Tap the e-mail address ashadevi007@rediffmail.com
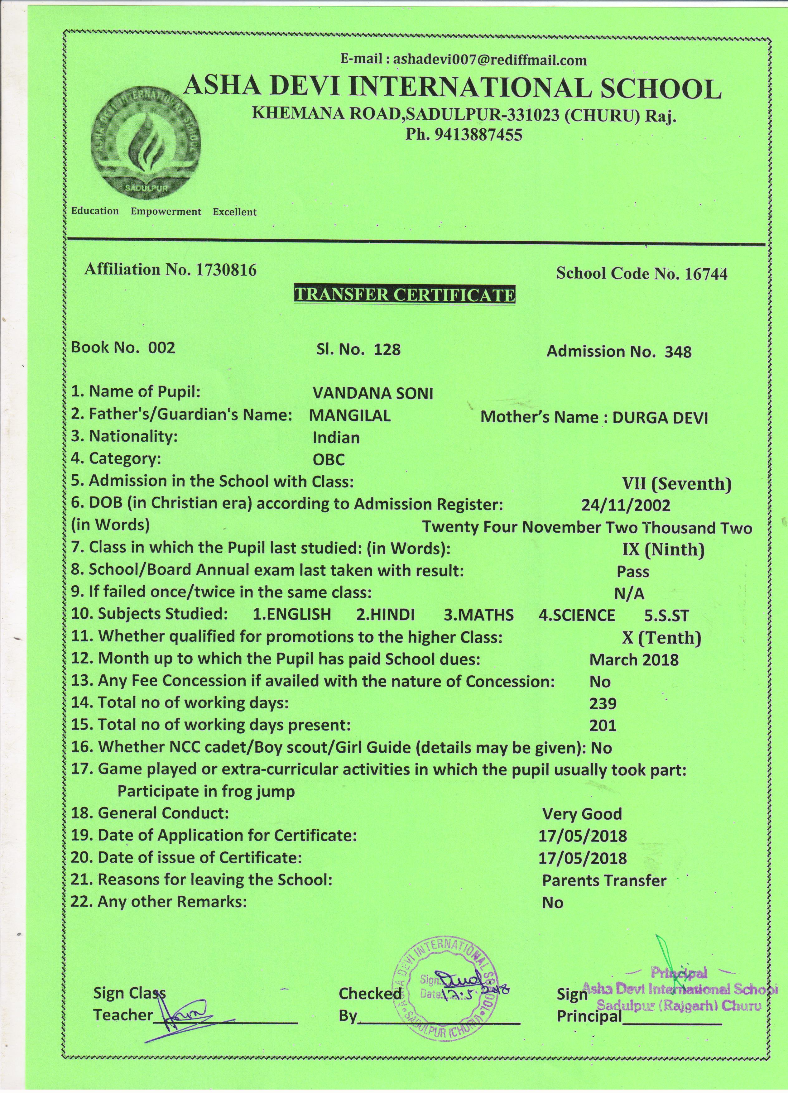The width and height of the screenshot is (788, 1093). click(490, 60)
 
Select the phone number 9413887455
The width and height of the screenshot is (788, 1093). click(478, 135)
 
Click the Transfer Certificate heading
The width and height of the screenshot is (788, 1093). click(404, 295)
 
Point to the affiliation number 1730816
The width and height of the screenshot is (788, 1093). click(225, 269)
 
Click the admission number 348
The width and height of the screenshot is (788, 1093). click(678, 352)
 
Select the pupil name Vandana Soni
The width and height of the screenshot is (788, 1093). click(372, 394)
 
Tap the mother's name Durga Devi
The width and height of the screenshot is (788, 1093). click(660, 417)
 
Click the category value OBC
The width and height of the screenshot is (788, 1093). click(329, 459)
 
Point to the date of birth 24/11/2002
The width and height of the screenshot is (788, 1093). click(626, 505)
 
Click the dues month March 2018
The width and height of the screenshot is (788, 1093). click(633, 660)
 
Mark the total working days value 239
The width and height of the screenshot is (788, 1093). click(603, 704)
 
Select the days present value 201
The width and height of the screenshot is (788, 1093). click(603, 726)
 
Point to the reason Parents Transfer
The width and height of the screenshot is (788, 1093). click(604, 880)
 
